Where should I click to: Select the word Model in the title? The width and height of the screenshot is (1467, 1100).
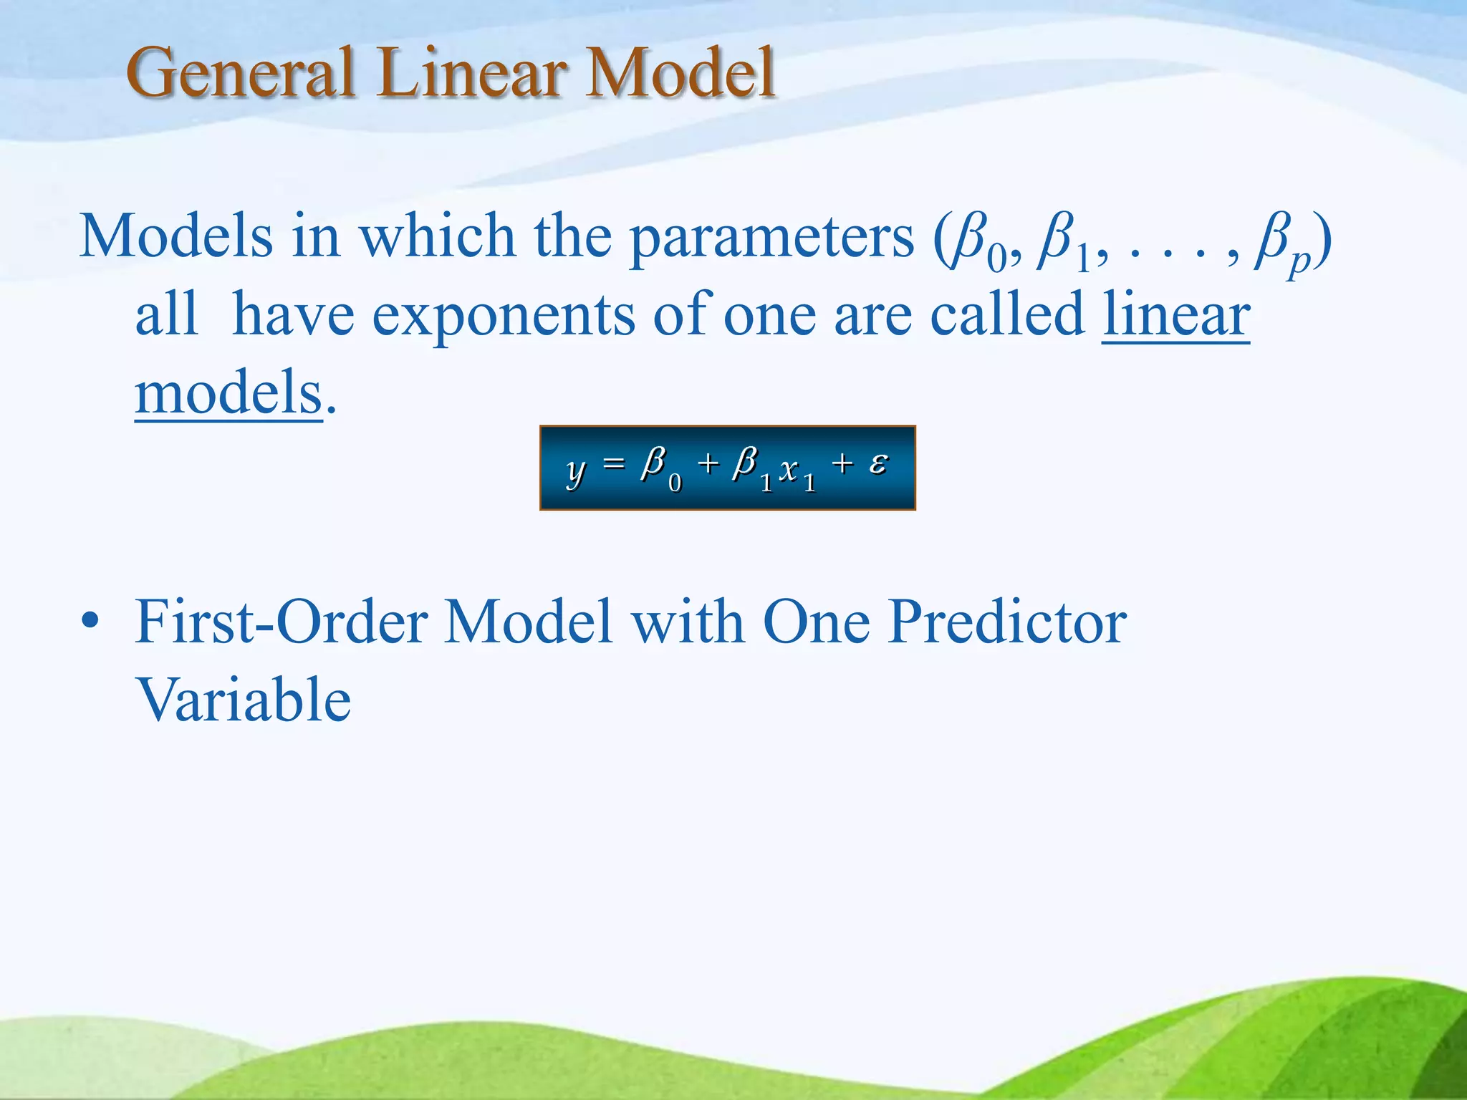click(x=679, y=72)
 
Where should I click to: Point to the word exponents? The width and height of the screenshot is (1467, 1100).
click(x=504, y=317)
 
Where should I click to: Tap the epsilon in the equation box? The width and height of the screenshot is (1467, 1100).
click(x=879, y=463)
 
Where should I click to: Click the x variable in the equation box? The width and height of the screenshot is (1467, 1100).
click(x=789, y=470)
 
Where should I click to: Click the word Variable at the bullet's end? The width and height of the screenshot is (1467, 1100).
click(x=244, y=700)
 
